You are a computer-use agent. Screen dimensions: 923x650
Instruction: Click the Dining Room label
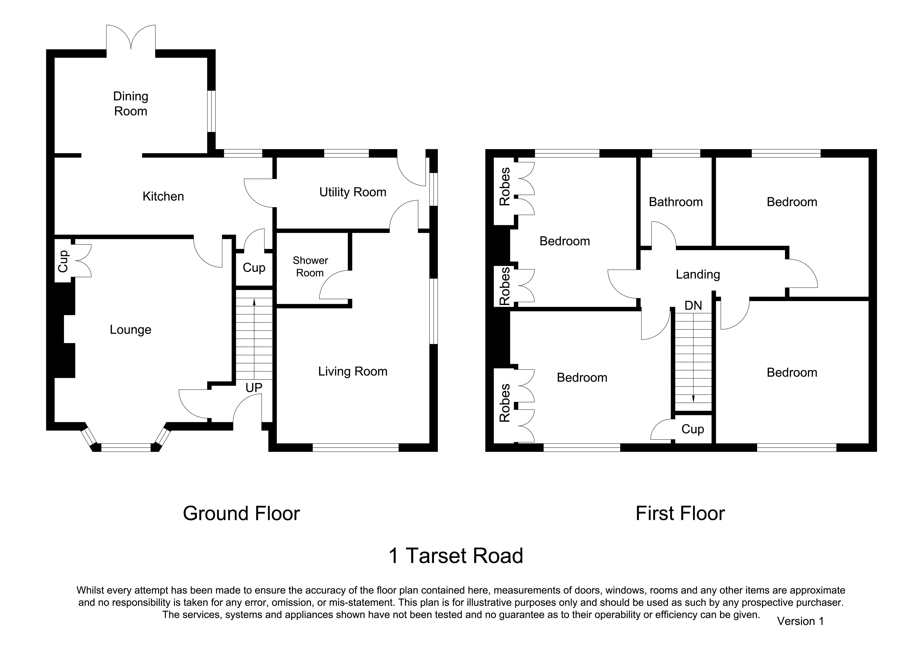click(x=131, y=104)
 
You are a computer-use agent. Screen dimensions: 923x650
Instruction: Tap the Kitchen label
click(x=163, y=196)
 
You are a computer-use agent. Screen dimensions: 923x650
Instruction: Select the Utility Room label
click(x=353, y=192)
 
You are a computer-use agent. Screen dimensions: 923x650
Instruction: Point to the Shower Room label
click(x=310, y=267)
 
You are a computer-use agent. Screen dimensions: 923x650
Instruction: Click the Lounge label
click(x=131, y=330)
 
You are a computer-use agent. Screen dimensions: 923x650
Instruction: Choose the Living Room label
click(x=353, y=372)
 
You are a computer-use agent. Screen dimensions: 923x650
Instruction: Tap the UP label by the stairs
click(x=254, y=388)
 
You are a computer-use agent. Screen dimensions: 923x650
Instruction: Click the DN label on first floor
click(x=693, y=306)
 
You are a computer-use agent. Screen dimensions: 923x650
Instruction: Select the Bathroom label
click(x=676, y=202)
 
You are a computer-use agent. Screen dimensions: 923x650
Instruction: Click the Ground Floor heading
click(x=241, y=513)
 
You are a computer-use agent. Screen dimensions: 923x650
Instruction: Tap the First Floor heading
click(x=680, y=513)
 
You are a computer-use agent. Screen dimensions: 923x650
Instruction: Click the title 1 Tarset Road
click(x=456, y=556)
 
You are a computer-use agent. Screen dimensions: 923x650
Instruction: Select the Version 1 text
click(x=800, y=621)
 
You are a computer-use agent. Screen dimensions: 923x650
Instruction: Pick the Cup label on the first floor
click(x=693, y=429)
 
